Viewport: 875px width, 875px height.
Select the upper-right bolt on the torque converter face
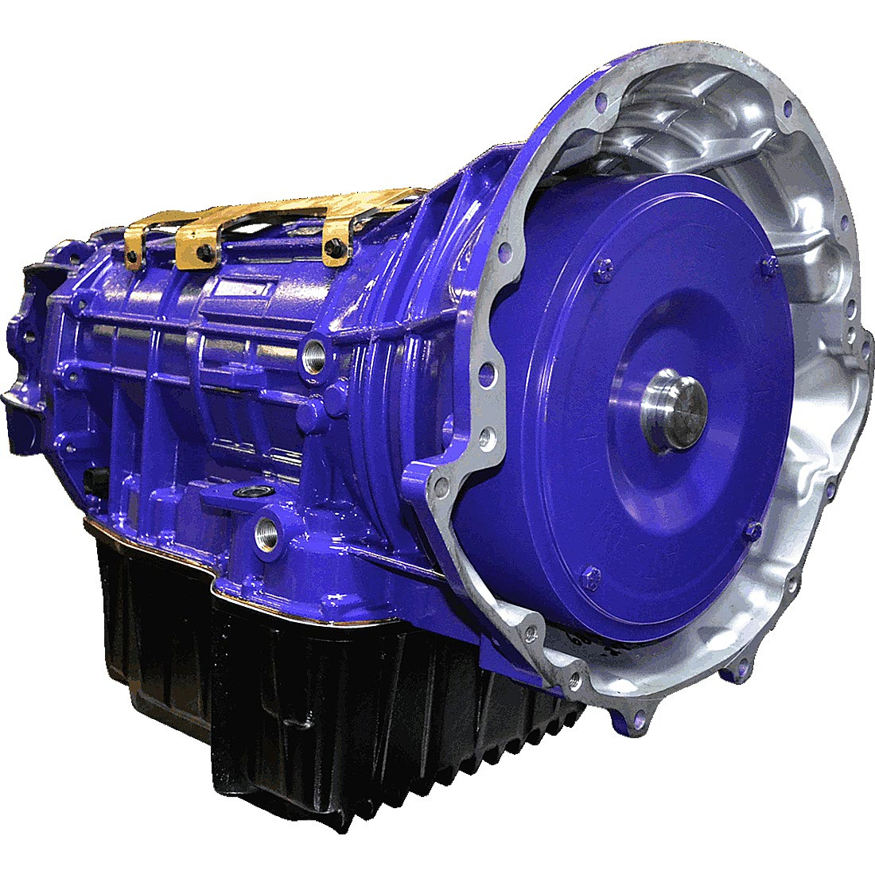click(768, 265)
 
